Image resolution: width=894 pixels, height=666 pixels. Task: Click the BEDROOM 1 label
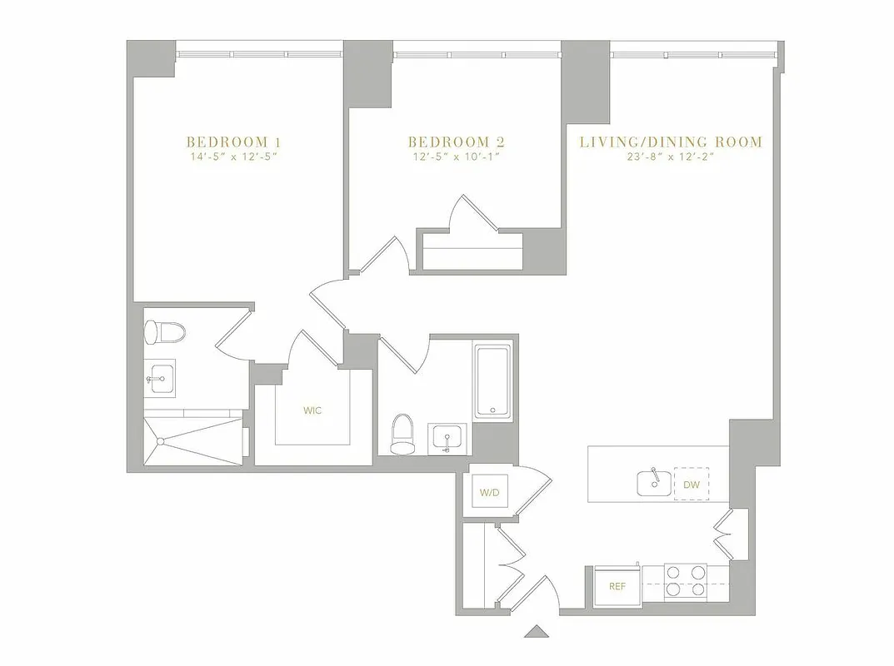[x=227, y=142]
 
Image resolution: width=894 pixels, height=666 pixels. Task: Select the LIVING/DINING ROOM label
[x=671, y=142]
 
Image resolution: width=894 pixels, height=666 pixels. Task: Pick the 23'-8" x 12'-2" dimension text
[x=671, y=157]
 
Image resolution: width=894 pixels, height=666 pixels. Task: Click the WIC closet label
[x=312, y=410]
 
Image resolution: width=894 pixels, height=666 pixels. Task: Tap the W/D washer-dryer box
[x=489, y=494]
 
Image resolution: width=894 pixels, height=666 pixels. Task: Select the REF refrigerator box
[x=617, y=586]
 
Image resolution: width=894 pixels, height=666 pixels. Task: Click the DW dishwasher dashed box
[x=691, y=484]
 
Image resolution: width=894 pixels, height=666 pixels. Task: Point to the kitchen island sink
[x=652, y=483]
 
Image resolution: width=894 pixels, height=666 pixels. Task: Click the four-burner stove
[x=685, y=581]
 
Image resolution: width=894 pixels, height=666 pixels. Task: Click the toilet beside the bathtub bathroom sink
[x=402, y=434]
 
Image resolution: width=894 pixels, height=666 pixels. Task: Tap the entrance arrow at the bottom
[x=537, y=631]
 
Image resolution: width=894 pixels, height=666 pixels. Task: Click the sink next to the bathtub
[x=448, y=438]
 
